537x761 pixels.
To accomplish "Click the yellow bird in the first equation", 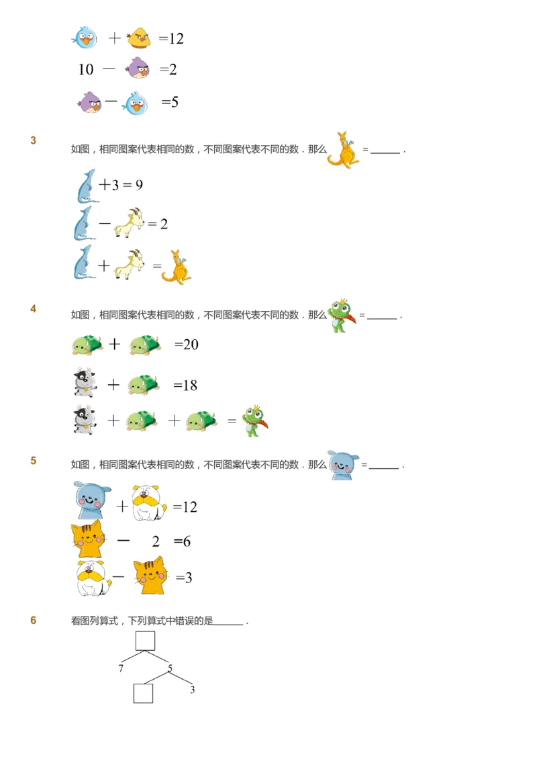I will pos(139,38).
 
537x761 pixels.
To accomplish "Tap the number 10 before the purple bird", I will pos(86,69).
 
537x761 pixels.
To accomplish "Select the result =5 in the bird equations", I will pos(170,102).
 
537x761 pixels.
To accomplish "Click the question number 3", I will pos(34,140).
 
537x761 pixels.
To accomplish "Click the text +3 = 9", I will pos(121,185).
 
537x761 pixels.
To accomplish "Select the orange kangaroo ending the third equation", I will pos(177,267).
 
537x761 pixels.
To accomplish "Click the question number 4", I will pos(34,309).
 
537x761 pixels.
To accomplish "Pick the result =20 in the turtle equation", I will pos(187,345).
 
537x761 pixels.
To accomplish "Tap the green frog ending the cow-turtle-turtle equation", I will pos(254,421).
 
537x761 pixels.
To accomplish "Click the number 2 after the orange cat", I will pos(156,541).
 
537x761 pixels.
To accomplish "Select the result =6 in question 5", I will pos(182,541).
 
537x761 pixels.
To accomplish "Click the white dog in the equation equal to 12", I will pos(148,503).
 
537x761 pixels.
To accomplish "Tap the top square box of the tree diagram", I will pos(145,641).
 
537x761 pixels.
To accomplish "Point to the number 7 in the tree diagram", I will pos(121,669).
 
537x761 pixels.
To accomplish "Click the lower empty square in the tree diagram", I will pos(143,693).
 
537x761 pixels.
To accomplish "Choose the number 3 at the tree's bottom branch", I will pos(192,690).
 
